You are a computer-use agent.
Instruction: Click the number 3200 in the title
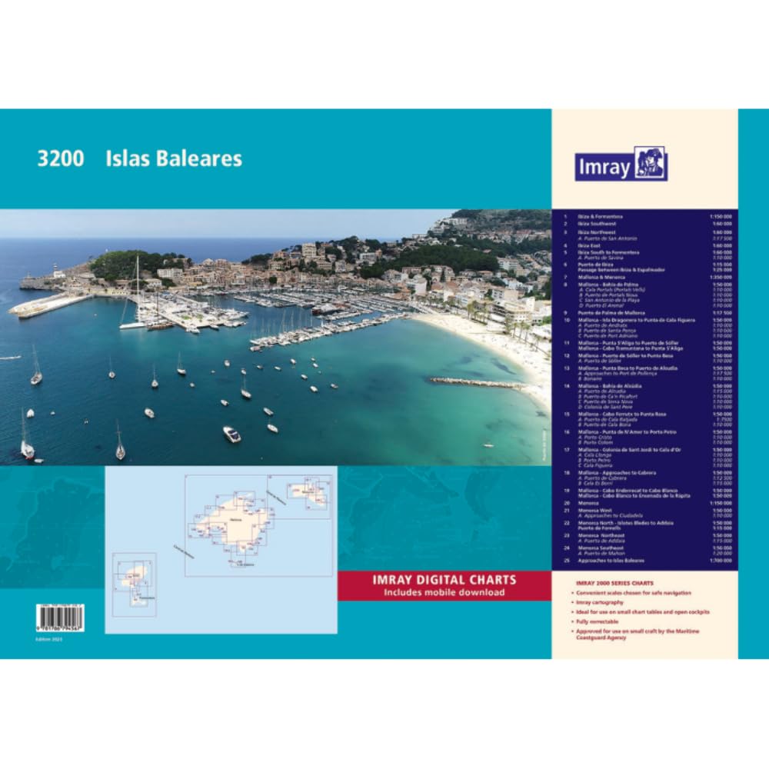point(59,158)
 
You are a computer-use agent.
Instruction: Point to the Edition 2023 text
point(48,638)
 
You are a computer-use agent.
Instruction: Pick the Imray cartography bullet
point(600,603)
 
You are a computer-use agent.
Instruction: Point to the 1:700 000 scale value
point(723,561)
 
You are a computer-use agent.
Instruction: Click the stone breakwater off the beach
point(477,382)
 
